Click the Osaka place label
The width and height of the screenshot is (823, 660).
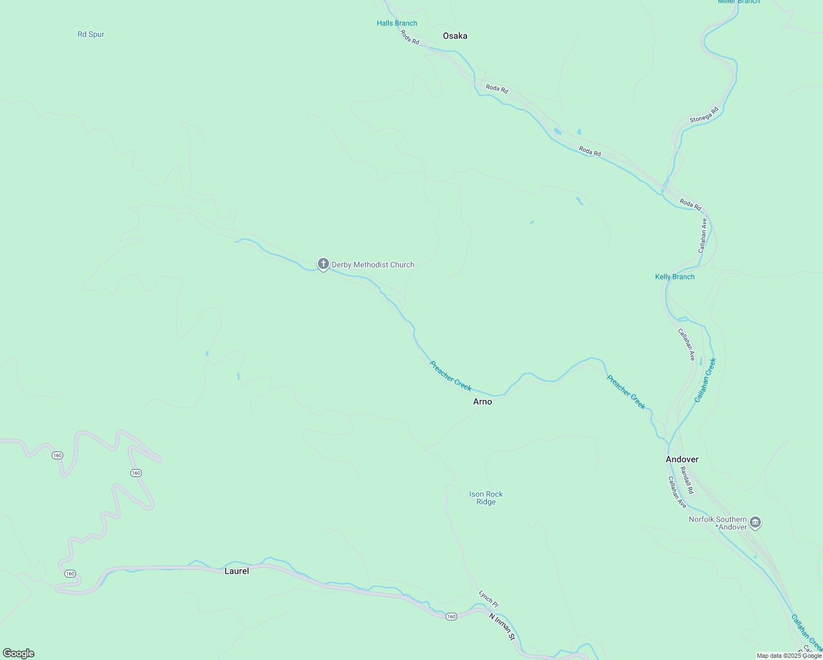455,36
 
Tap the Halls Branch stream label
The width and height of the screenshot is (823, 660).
397,23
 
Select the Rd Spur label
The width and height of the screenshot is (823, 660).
91,34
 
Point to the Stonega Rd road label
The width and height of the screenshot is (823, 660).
704,115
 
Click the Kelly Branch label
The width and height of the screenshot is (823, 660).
674,277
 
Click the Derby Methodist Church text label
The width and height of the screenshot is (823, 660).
372,265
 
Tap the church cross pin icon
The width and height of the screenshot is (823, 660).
323,264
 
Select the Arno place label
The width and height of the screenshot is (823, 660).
482,402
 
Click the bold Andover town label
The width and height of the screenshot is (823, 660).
682,459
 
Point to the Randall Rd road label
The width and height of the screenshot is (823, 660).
687,480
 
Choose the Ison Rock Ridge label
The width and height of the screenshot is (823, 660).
486,498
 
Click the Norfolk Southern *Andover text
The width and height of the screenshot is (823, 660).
717,523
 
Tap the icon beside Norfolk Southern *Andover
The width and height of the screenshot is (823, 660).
755,522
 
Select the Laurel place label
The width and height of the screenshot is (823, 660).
237,571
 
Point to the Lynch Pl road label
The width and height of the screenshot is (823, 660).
488,598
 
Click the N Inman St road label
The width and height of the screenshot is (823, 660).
502,626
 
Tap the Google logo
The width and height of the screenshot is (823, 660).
19,653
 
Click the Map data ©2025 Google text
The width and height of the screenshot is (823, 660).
789,656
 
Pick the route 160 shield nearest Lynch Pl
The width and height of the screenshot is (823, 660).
451,616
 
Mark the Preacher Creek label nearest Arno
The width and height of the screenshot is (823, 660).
451,376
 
